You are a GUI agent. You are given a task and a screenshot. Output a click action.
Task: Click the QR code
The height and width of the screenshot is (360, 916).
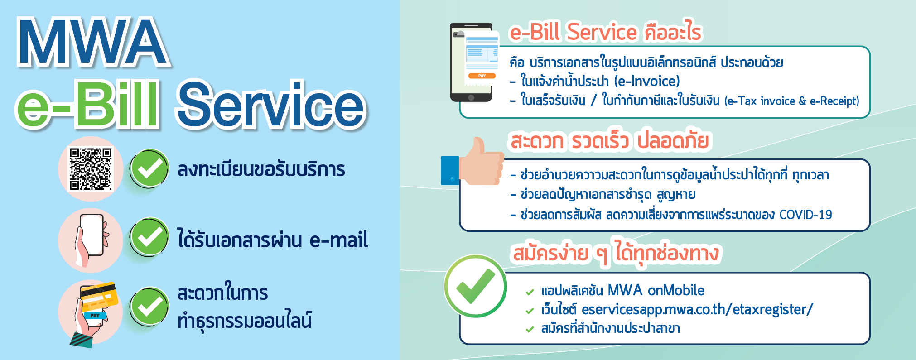(x=90, y=169)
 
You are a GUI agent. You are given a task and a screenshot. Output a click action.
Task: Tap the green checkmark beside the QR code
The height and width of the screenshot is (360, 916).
(x=149, y=168)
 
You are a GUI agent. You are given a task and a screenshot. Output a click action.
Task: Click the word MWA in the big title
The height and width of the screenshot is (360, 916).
(x=92, y=43)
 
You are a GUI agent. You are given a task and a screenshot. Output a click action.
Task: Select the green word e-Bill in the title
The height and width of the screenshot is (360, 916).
(x=87, y=106)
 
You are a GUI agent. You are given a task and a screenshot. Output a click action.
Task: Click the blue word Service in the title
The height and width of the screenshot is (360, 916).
(x=271, y=106)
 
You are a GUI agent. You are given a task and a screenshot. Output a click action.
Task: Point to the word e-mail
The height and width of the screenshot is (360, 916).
(x=338, y=240)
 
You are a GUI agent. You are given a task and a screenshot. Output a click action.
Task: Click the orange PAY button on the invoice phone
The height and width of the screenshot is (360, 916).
(x=482, y=76)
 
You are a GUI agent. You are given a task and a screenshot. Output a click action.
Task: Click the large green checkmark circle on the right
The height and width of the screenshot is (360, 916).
(x=475, y=286)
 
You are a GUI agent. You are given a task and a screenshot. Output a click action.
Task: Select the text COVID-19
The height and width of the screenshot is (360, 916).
(x=805, y=215)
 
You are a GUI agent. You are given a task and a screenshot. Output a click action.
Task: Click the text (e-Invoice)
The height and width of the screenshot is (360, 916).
(x=647, y=82)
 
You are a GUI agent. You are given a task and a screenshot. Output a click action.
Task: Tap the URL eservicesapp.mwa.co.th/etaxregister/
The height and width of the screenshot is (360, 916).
(x=697, y=310)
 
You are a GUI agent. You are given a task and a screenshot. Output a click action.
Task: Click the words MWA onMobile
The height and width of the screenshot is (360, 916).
(x=656, y=290)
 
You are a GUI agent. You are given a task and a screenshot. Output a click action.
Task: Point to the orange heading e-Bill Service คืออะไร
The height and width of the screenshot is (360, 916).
(x=606, y=32)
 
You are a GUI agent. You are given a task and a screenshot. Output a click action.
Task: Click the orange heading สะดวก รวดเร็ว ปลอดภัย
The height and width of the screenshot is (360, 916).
(x=609, y=141)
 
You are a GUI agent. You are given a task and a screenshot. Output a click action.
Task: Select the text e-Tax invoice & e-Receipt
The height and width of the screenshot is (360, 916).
(x=791, y=101)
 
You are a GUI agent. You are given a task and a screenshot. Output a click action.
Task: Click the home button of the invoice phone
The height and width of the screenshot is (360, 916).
(x=471, y=97)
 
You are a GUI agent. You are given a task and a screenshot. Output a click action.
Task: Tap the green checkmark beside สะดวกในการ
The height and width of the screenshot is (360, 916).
(x=149, y=307)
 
